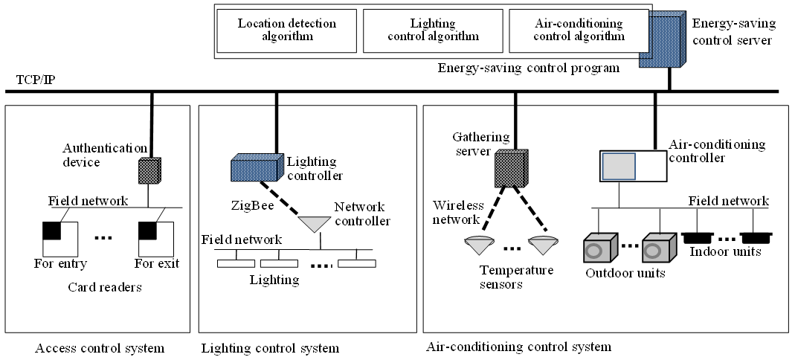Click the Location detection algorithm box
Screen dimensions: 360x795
tap(286, 30)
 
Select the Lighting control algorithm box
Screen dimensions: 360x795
tap(433, 30)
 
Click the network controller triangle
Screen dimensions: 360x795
tap(320, 222)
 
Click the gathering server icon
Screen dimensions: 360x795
tap(511, 168)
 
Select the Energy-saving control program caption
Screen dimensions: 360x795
tap(529, 68)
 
